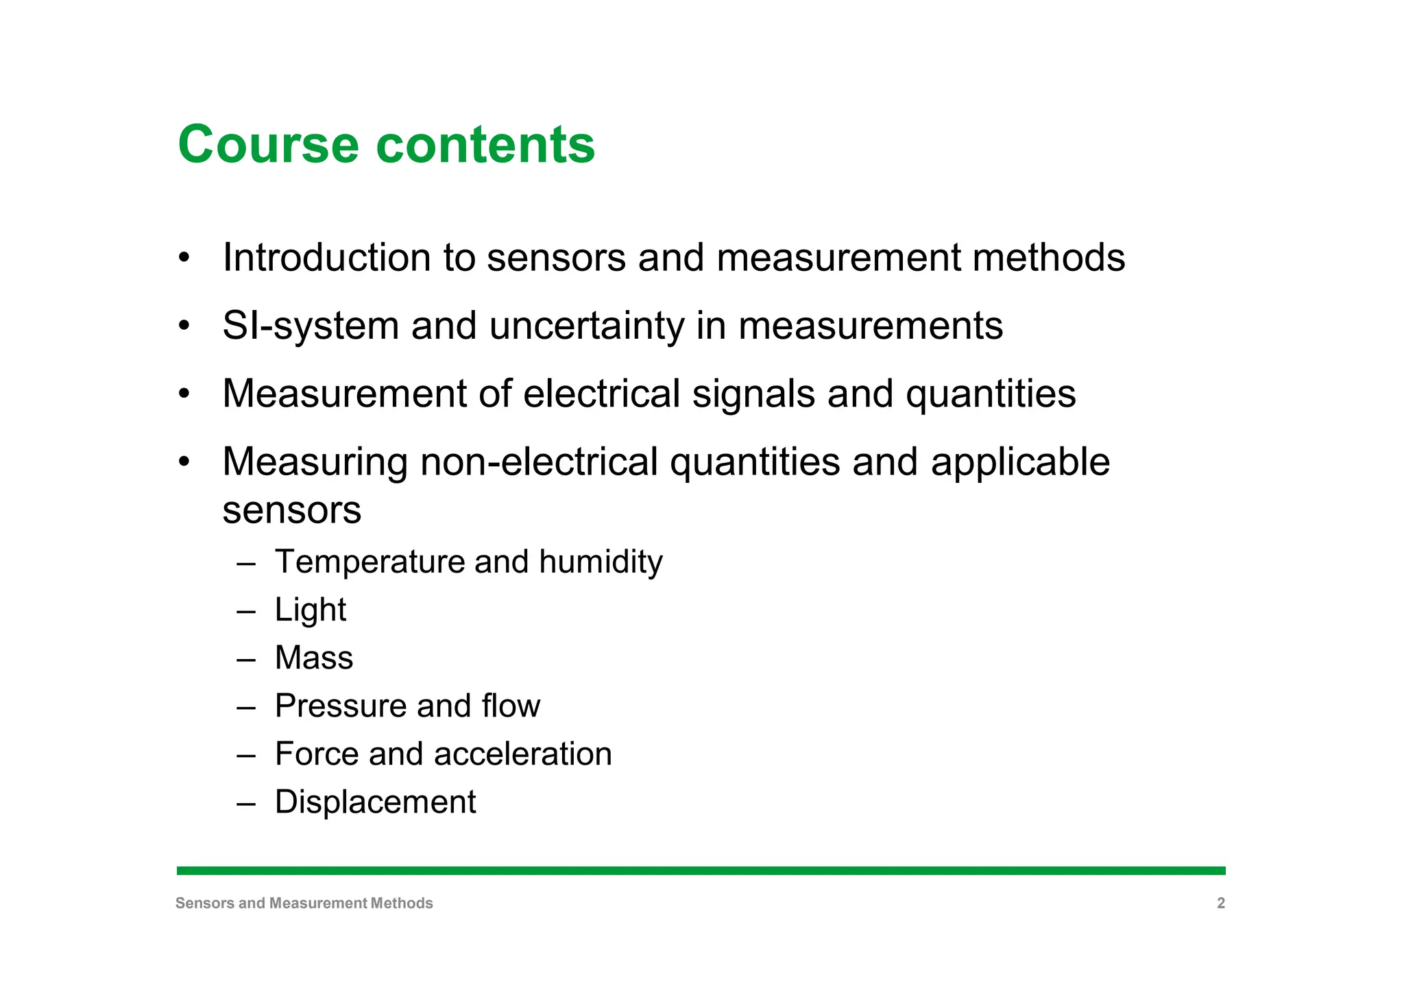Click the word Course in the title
pos(268,145)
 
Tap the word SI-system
pos(311,326)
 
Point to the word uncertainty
pos(587,326)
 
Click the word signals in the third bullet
pos(753,394)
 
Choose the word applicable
pos(1020,462)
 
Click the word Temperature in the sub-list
pos(368,562)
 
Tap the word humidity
pos(601,562)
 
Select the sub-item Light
pos(311,610)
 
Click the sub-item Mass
pos(314,658)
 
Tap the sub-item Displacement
pos(375,802)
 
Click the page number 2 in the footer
pos(1220,903)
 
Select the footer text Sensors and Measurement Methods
pos(304,903)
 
